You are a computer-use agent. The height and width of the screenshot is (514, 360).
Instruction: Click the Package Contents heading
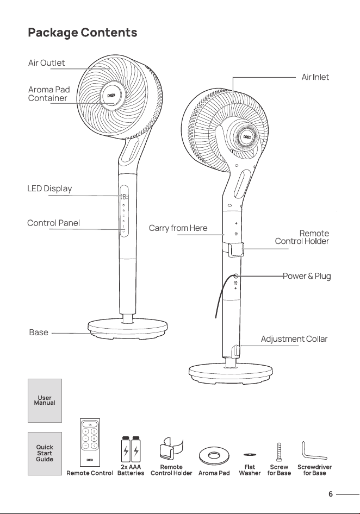[x=82, y=33]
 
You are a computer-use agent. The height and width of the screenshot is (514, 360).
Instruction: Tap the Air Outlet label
[x=46, y=63]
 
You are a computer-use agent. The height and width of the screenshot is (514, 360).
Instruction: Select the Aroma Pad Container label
[x=49, y=94]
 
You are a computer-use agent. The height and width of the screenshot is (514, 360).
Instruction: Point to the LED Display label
[x=49, y=189]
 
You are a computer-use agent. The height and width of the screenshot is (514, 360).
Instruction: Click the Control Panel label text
[x=53, y=223]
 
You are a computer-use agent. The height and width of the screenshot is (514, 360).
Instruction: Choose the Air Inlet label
[x=315, y=77]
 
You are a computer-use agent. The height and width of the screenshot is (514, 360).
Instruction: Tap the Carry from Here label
[x=178, y=228]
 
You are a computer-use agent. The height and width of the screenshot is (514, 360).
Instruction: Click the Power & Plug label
[x=307, y=276]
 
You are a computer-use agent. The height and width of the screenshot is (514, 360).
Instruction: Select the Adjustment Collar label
[x=294, y=339]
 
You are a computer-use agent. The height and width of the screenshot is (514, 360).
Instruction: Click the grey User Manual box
[x=45, y=400]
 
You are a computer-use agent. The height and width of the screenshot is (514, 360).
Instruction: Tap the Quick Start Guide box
[x=45, y=454]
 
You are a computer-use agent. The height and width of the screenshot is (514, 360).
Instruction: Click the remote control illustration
[x=90, y=442]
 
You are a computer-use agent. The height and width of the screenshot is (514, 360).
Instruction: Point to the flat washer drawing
[x=250, y=455]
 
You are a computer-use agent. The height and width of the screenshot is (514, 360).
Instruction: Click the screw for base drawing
[x=280, y=452]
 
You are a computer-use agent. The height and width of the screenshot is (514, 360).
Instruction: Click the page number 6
[x=331, y=494]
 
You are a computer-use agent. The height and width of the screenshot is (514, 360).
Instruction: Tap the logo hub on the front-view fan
[x=111, y=96]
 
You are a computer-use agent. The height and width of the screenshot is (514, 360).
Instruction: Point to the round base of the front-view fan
[x=128, y=329]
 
